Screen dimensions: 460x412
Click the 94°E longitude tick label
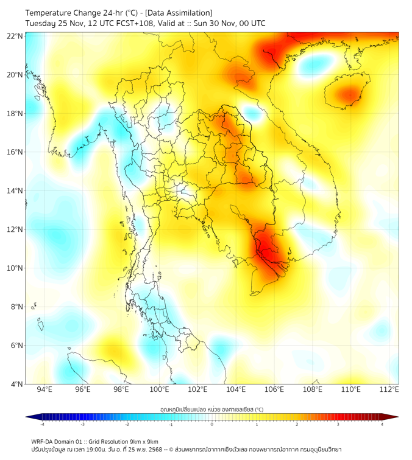pyautogui.click(x=44, y=389)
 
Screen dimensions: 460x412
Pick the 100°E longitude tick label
pyautogui.click(x=159, y=389)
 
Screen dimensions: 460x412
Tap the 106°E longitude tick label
pyautogui.click(x=274, y=389)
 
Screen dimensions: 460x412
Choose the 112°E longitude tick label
pyautogui.click(x=389, y=389)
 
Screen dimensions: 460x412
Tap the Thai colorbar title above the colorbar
pyautogui.click(x=211, y=409)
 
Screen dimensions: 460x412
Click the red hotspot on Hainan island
pyautogui.click(x=349, y=94)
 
